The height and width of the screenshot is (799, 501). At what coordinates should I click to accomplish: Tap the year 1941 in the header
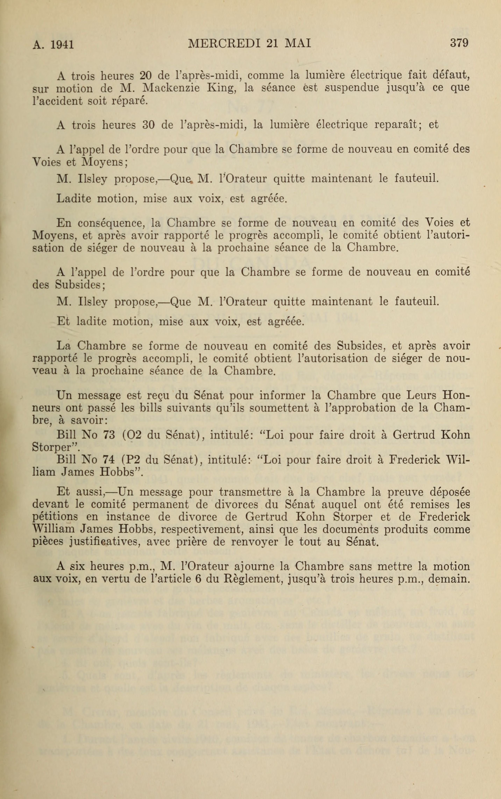[62, 44]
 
